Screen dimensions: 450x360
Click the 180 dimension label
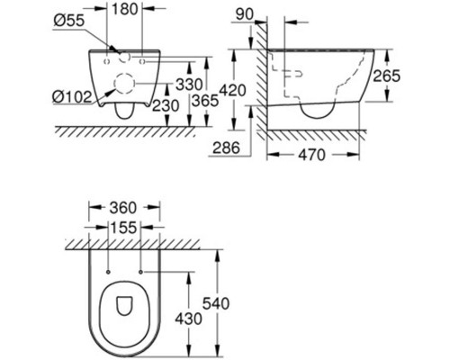(125, 9)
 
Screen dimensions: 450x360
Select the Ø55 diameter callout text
(69, 22)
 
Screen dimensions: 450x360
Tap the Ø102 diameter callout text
(72, 97)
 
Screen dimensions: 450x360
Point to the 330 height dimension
(189, 85)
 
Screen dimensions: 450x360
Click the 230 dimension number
(166, 105)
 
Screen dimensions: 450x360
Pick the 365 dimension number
(205, 101)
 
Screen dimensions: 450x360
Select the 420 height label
(233, 90)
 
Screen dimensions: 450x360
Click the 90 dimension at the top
(245, 14)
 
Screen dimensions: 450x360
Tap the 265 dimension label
(386, 76)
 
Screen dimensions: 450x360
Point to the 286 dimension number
(226, 148)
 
